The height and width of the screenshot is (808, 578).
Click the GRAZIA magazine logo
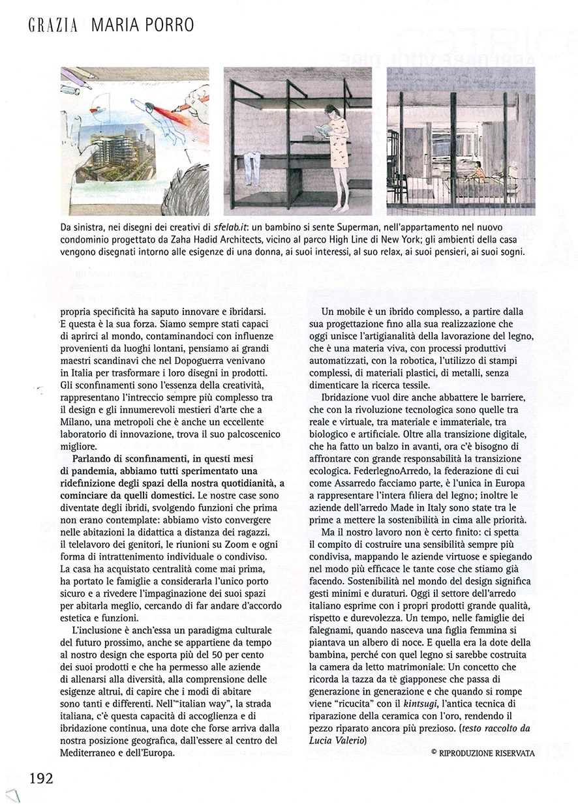click(x=53, y=26)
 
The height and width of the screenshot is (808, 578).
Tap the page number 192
click(x=40, y=777)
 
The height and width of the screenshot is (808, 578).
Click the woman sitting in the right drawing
click(x=479, y=173)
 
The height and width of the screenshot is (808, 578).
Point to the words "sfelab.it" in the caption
click(x=235, y=228)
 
